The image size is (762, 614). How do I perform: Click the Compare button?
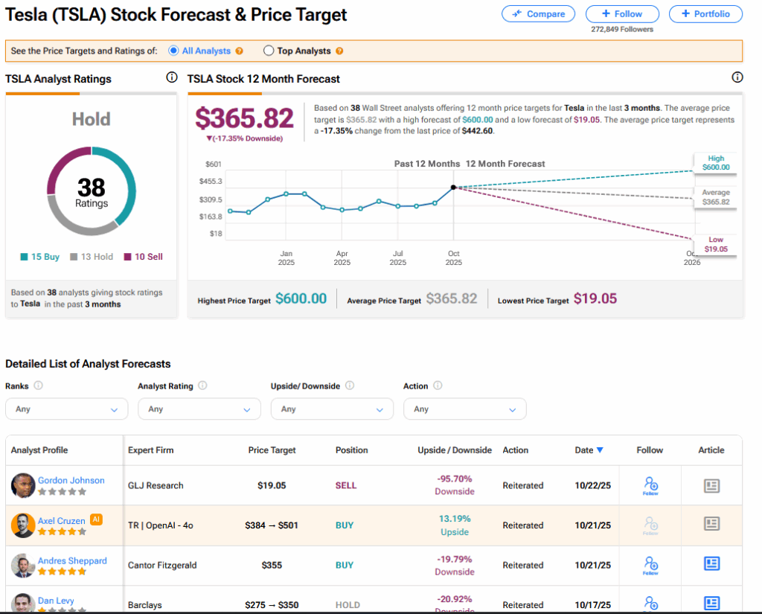(538, 13)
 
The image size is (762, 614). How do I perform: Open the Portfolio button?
(705, 13)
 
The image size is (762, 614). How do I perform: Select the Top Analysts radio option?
(269, 51)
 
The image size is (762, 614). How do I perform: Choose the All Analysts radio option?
(174, 51)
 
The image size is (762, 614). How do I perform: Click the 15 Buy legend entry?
(40, 257)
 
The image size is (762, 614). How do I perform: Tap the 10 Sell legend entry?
(144, 257)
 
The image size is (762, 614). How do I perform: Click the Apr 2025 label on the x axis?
(342, 258)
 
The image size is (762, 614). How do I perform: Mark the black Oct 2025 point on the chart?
(453, 188)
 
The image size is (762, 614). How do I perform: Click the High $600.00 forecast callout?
(715, 163)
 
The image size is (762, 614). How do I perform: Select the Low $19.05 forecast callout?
(715, 245)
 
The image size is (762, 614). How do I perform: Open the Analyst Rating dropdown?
(199, 409)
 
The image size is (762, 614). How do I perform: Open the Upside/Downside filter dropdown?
(332, 409)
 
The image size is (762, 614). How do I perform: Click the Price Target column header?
(272, 450)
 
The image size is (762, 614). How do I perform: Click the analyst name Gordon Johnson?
(71, 481)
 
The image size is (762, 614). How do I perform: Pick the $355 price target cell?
(272, 566)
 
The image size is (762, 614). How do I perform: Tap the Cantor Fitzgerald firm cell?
(162, 566)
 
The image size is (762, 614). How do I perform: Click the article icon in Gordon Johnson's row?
(711, 485)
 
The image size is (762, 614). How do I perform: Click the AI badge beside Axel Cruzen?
(96, 519)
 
